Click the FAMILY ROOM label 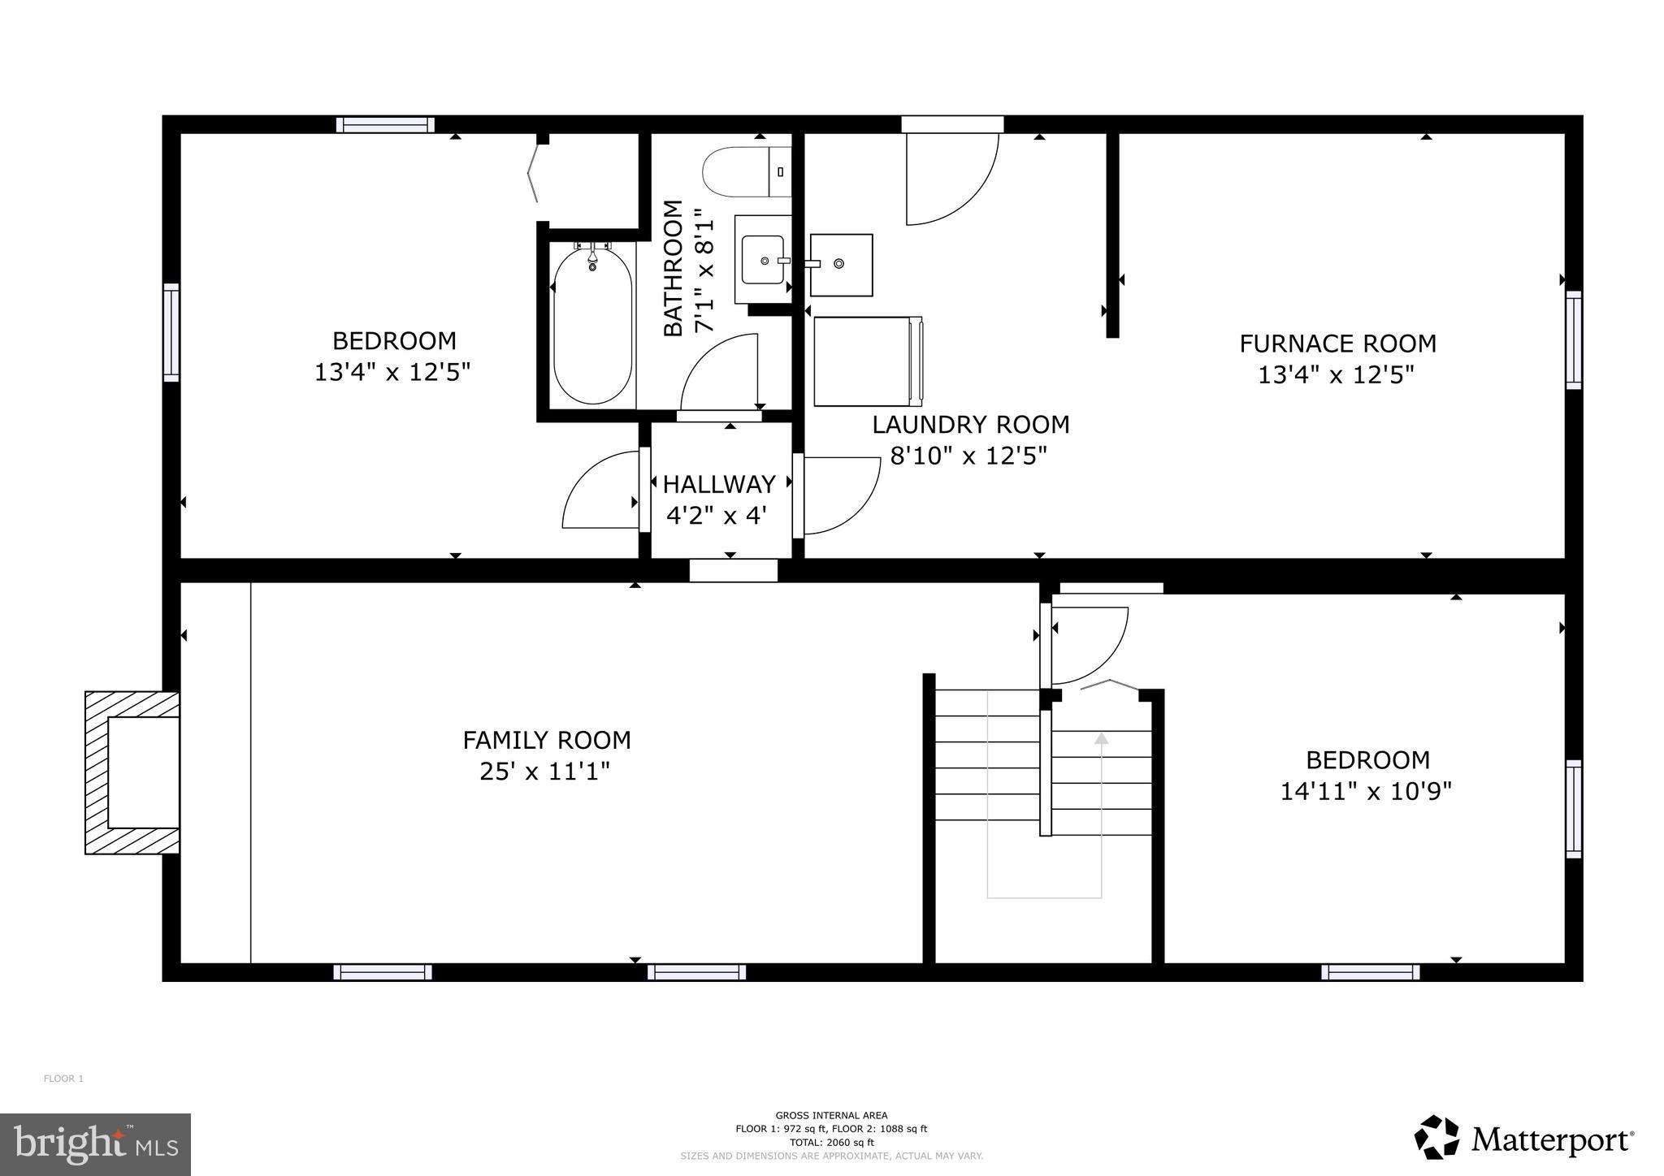pos(547,740)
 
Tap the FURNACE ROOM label pos(1337,344)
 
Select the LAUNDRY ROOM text pos(970,425)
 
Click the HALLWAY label pos(719,484)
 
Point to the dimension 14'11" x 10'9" pos(1366,791)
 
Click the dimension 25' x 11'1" pos(544,771)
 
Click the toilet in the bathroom pos(743,171)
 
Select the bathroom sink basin pos(762,260)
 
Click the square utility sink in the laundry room pos(841,265)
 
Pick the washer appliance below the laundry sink pos(865,361)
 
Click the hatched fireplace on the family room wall pos(132,772)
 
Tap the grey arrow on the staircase pos(1101,738)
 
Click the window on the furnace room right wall pos(1573,339)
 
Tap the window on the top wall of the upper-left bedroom pos(385,125)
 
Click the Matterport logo pos(1523,1140)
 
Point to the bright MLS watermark pos(95,1144)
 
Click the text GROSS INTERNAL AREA pos(831,1115)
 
